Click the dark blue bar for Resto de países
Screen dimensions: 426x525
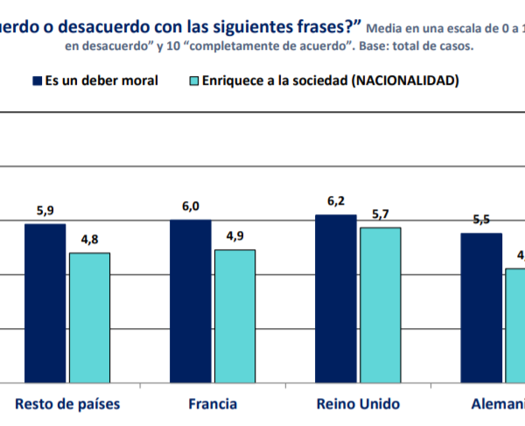coord(45,303)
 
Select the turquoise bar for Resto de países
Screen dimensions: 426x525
coord(89,318)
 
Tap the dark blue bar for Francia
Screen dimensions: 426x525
coord(191,301)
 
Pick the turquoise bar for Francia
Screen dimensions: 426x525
coord(234,316)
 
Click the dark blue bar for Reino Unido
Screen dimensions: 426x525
coord(336,298)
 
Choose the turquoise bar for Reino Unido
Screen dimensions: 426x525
coord(381,304)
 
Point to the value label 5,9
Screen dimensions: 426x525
coord(45,211)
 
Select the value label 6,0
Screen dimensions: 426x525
coord(191,206)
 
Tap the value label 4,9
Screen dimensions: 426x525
coord(234,236)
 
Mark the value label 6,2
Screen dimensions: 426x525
coord(336,201)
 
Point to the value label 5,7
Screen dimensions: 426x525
coord(381,214)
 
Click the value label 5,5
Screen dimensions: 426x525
coord(481,220)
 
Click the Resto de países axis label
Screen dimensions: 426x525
coord(67,404)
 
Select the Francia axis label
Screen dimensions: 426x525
coord(213,404)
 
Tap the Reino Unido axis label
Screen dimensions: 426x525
coord(358,404)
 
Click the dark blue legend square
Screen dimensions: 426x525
coord(37,81)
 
